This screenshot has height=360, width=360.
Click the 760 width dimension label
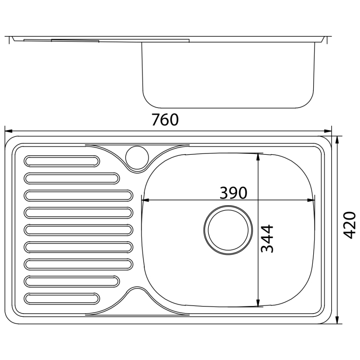click(x=165, y=120)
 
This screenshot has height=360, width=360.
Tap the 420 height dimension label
click(x=349, y=225)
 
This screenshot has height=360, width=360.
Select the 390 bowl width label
click(x=233, y=193)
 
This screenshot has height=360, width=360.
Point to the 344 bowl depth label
click(x=267, y=239)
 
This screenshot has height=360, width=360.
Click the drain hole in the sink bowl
click(x=228, y=230)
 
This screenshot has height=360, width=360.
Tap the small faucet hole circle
click(x=137, y=157)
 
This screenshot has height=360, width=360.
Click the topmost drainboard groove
click(x=62, y=161)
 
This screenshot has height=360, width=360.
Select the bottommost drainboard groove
click(x=62, y=298)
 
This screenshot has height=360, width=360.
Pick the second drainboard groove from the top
click(x=71, y=178)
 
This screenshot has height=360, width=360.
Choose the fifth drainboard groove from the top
click(x=78, y=230)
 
